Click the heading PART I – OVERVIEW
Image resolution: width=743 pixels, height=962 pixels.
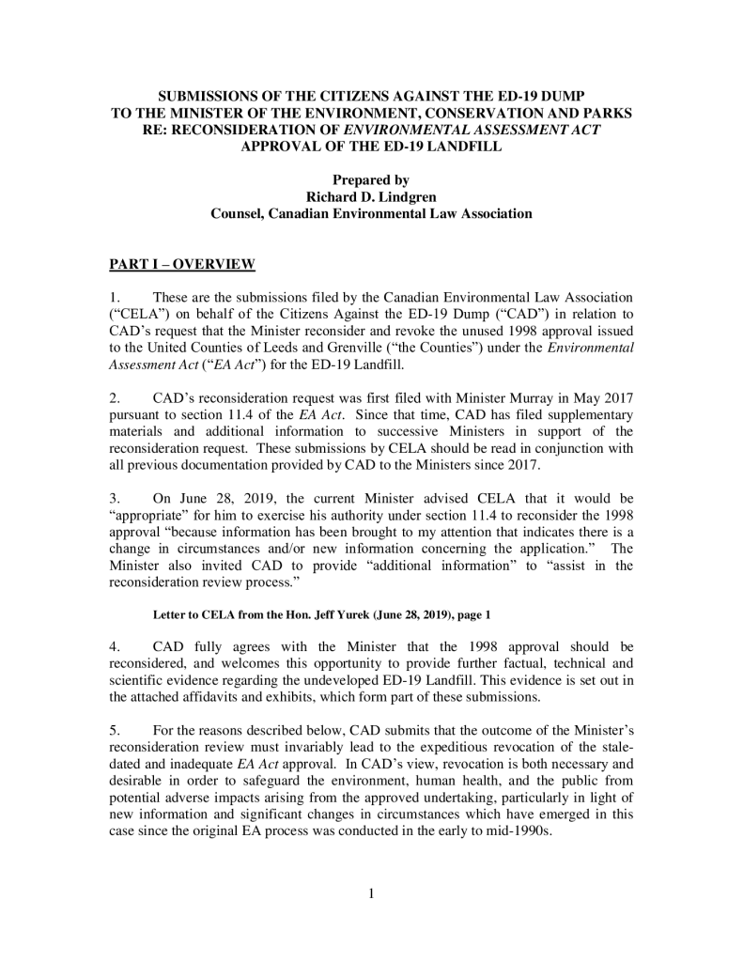pyautogui.click(x=182, y=264)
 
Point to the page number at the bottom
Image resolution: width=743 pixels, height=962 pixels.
pyautogui.click(x=371, y=893)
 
